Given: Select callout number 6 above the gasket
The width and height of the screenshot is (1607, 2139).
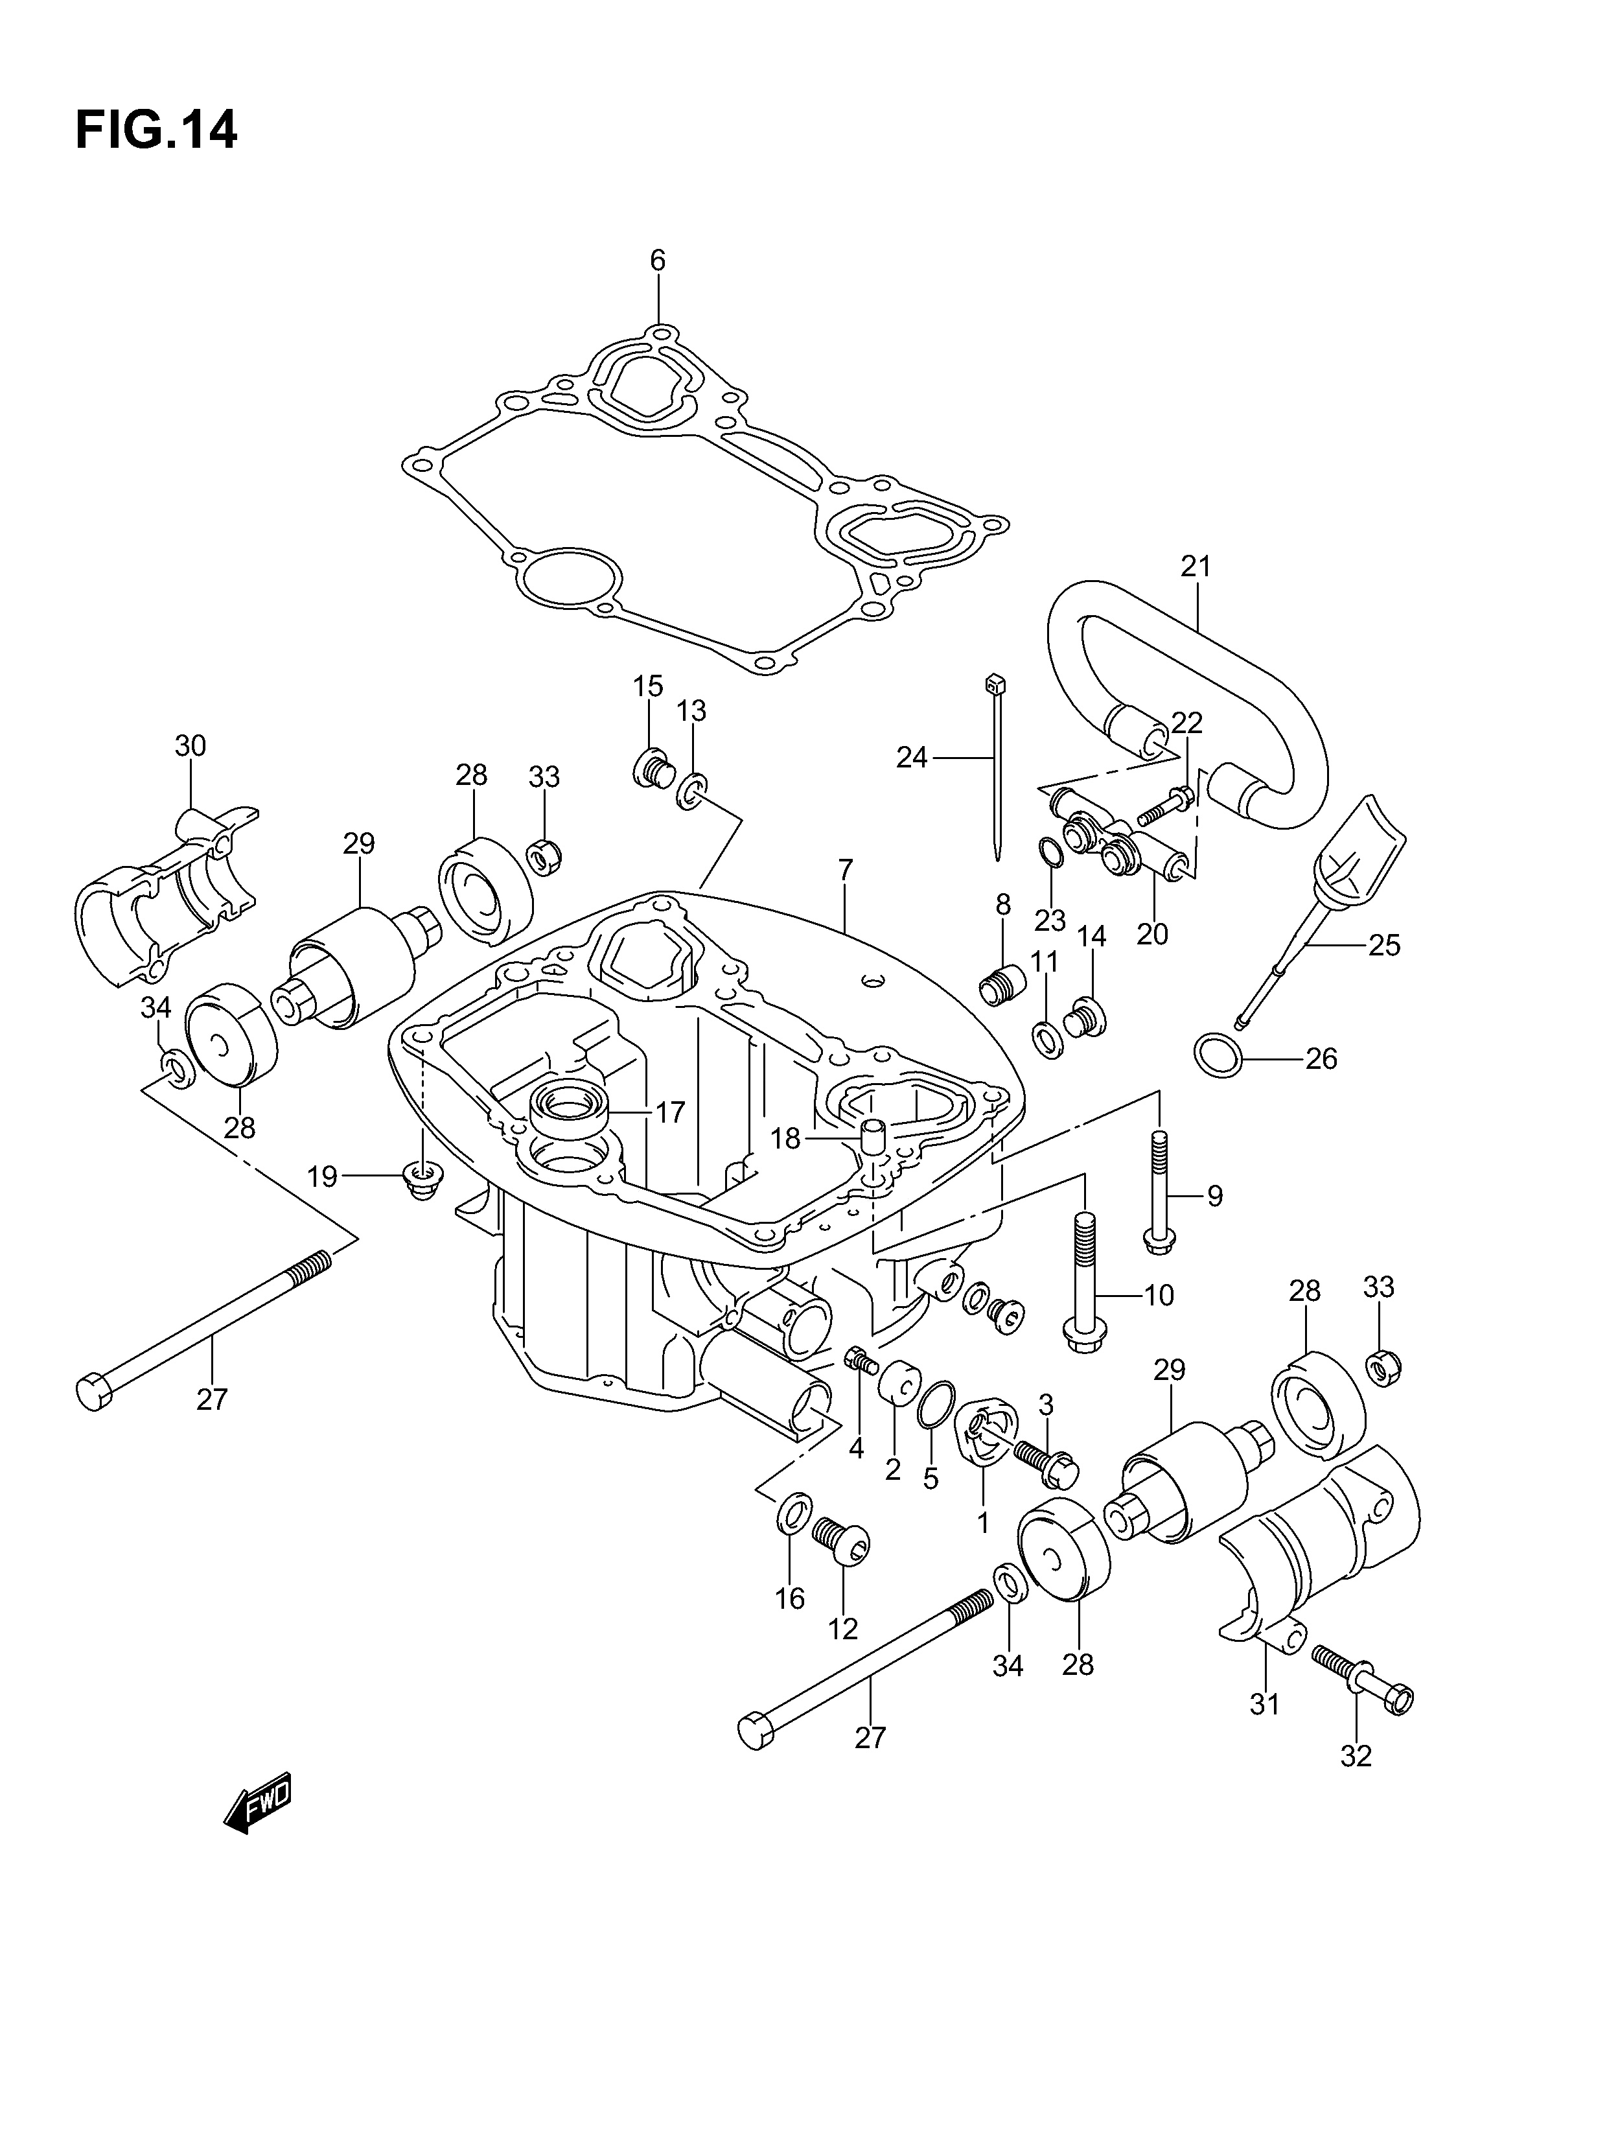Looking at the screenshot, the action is click(658, 260).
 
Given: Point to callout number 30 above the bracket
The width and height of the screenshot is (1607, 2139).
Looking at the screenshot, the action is click(191, 745).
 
